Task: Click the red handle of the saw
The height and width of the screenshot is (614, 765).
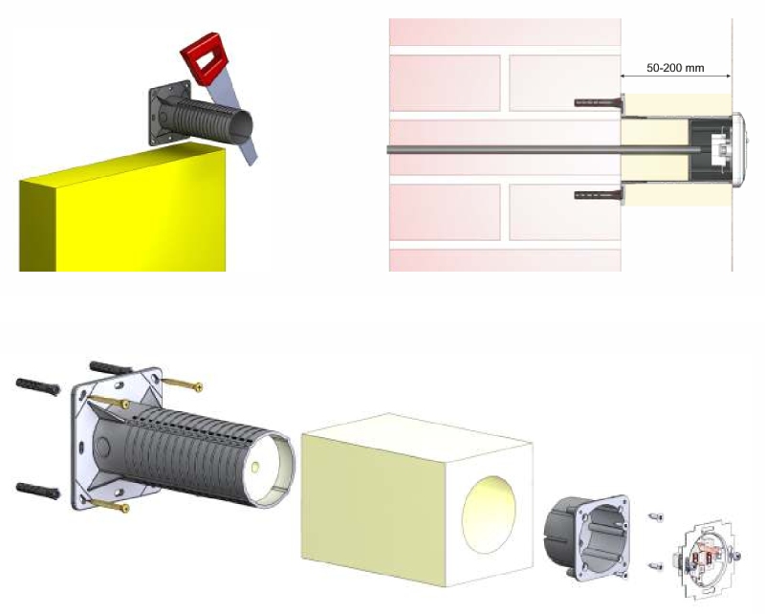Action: click(204, 57)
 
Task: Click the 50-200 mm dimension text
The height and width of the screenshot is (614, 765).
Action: click(675, 68)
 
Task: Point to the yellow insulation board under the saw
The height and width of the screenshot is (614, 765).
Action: click(123, 209)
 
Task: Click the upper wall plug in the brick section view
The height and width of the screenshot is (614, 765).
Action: click(601, 102)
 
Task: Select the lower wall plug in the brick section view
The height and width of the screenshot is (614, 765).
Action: click(601, 195)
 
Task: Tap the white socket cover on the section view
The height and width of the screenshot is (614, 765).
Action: click(738, 149)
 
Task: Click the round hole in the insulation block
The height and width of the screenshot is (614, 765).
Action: click(489, 515)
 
